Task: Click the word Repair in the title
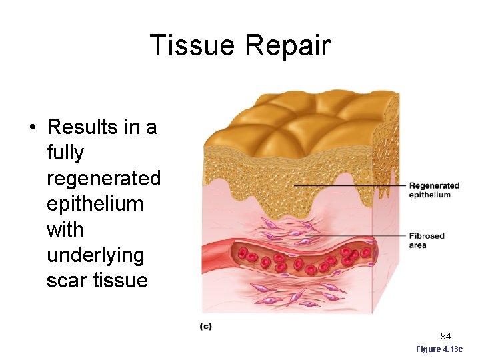(288, 45)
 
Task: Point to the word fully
(65, 153)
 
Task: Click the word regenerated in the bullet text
(103, 179)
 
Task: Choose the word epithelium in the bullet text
(95, 204)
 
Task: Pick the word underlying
(95, 255)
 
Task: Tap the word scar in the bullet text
(66, 280)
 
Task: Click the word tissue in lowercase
(121, 280)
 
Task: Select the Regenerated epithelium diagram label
(434, 190)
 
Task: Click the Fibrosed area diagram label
(427, 240)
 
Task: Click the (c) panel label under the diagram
(206, 326)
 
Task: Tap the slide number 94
(445, 336)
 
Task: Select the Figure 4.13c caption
(443, 349)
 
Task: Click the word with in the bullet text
(65, 230)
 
